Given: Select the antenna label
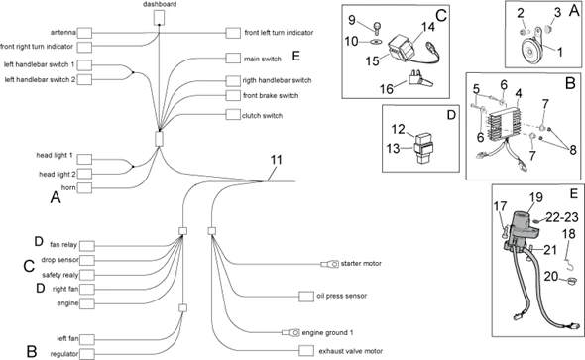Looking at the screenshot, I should pos(58,32).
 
